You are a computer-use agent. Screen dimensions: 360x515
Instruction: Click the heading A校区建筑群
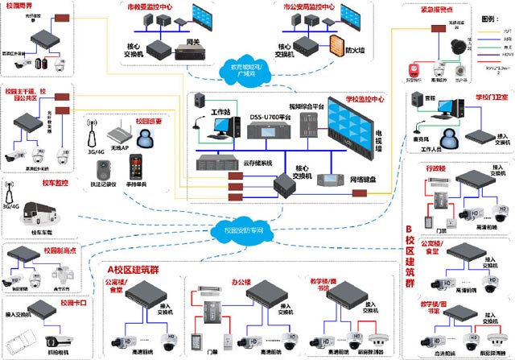tap(140, 268)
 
